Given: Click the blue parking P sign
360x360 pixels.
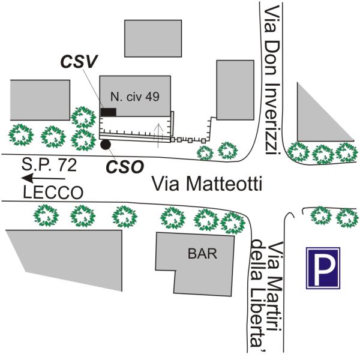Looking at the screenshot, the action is (323, 268).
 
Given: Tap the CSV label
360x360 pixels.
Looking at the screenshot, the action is (79, 62).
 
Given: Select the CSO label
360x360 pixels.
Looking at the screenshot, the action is (125, 166).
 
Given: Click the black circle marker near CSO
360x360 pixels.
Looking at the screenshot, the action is (106, 145).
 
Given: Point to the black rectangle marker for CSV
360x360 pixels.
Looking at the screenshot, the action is (109, 112).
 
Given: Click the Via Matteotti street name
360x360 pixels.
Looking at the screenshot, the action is (207, 184).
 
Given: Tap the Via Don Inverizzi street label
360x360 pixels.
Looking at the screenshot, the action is (272, 80).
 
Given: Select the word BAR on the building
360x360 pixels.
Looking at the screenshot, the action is (202, 254).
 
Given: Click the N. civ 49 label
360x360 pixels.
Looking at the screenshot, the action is (135, 97).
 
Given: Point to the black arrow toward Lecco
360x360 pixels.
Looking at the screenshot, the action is (43, 178).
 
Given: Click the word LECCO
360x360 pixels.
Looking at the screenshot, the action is (53, 193).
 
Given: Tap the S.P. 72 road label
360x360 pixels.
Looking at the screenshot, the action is (49, 164).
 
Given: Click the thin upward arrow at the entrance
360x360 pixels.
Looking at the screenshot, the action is (158, 136).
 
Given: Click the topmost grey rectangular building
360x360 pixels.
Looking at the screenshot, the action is (153, 38).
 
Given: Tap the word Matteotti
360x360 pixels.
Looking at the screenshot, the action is (224, 184).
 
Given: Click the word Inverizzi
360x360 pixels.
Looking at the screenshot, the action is (272, 119).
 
